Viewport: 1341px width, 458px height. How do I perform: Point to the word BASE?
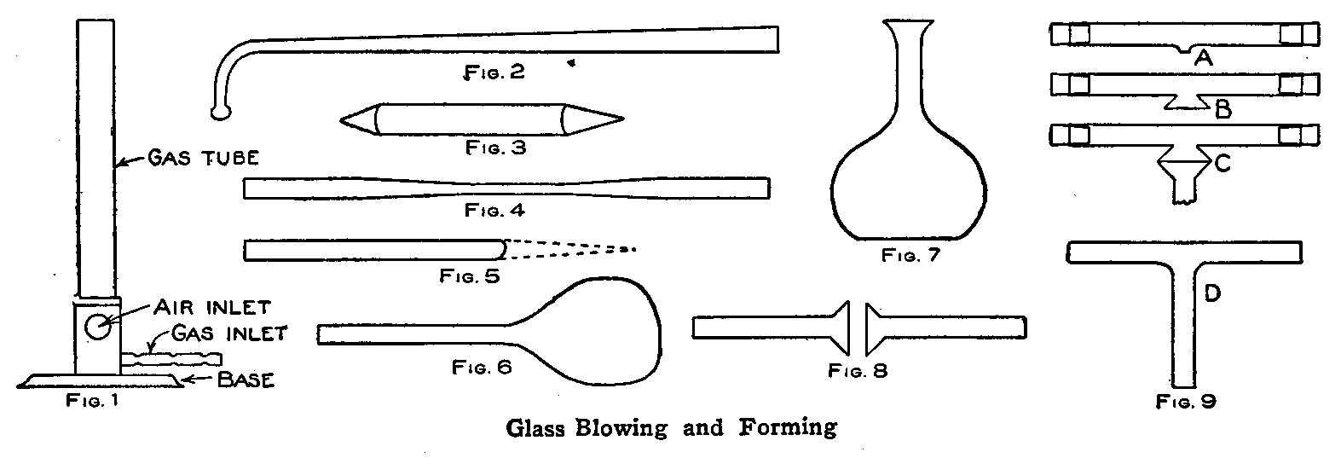[x=246, y=380]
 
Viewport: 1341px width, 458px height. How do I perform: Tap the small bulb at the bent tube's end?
[x=220, y=109]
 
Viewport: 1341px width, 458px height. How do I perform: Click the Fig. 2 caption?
[x=494, y=72]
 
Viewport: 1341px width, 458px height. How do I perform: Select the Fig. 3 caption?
[x=495, y=147]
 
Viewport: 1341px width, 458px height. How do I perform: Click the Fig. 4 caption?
[x=494, y=210]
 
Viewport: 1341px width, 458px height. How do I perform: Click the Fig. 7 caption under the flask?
[x=910, y=255]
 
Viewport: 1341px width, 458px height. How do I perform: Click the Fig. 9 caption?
[x=1186, y=401]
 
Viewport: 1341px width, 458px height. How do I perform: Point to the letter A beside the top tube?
[x=1204, y=57]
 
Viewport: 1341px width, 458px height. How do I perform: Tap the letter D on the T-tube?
[x=1212, y=294]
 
